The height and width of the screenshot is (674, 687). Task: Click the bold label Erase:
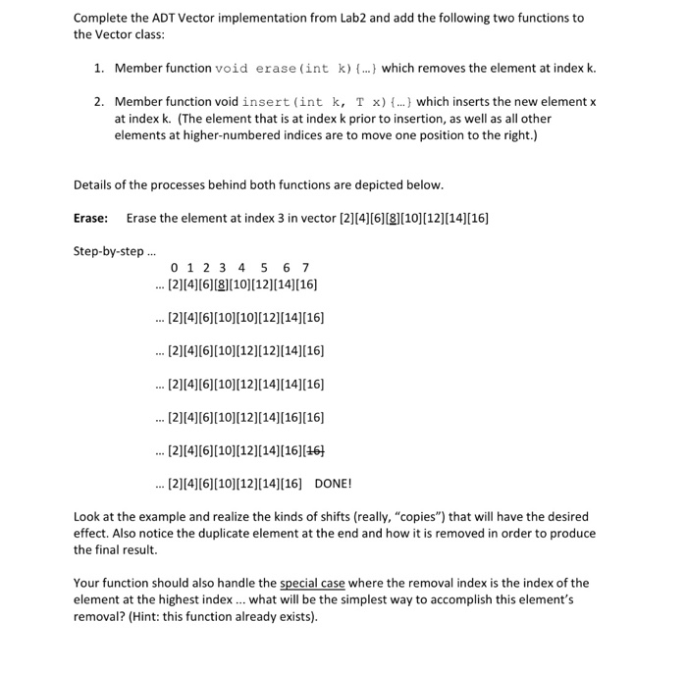click(x=91, y=218)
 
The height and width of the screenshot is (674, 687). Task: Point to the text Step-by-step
click(x=109, y=250)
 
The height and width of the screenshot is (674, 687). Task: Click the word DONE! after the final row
click(x=333, y=484)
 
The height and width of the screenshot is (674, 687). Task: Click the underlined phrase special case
click(x=313, y=583)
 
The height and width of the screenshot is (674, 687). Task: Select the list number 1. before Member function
click(x=99, y=69)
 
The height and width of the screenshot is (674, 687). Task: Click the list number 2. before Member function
click(x=99, y=102)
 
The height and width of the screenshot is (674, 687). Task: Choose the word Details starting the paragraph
click(x=93, y=184)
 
